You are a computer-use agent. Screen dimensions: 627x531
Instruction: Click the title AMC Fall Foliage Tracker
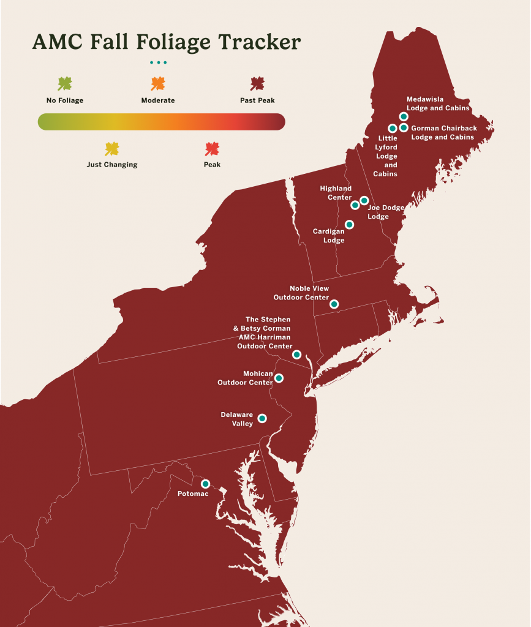click(x=166, y=42)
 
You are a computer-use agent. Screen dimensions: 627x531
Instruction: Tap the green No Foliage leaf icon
click(x=64, y=84)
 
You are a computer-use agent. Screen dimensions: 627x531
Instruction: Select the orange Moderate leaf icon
click(x=158, y=84)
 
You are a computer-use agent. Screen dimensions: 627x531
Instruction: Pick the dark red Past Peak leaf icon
click(x=257, y=84)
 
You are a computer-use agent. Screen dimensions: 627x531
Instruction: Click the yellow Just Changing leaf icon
click(x=111, y=148)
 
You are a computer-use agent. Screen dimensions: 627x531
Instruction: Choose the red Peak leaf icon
click(x=212, y=148)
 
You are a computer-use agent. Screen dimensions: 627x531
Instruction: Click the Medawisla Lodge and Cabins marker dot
click(x=404, y=116)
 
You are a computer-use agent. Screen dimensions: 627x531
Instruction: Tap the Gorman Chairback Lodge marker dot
click(x=404, y=128)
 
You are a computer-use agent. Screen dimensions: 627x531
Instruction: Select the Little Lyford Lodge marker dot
click(x=393, y=129)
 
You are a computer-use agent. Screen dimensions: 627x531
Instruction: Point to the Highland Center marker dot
click(x=355, y=205)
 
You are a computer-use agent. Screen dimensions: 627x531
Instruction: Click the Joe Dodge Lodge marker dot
click(x=364, y=200)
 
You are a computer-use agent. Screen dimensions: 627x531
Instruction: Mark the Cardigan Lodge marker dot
click(x=349, y=225)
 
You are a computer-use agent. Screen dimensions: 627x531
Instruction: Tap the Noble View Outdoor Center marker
click(x=334, y=304)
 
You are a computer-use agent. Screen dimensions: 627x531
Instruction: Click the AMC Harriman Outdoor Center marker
click(x=296, y=355)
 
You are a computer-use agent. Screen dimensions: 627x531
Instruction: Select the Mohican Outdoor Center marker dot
click(x=279, y=378)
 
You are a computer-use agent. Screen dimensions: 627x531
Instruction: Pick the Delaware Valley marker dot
click(x=262, y=418)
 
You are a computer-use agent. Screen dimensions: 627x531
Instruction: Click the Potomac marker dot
click(x=206, y=483)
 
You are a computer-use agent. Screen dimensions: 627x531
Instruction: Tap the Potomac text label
click(x=193, y=494)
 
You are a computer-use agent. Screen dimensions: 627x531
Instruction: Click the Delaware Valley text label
click(x=237, y=419)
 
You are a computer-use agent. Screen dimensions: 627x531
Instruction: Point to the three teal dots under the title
click(x=158, y=62)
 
